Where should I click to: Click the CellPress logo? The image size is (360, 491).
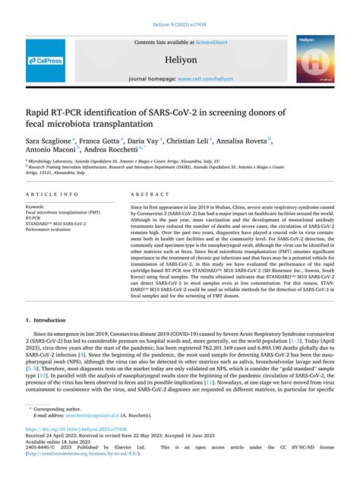[x=46, y=60]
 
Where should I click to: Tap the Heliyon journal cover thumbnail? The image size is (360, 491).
[x=314, y=59]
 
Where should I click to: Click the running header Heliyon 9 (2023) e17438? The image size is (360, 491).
[x=180, y=23]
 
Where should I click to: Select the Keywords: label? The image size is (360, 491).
[x=39, y=207]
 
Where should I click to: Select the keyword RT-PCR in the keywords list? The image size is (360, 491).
[x=36, y=217]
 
